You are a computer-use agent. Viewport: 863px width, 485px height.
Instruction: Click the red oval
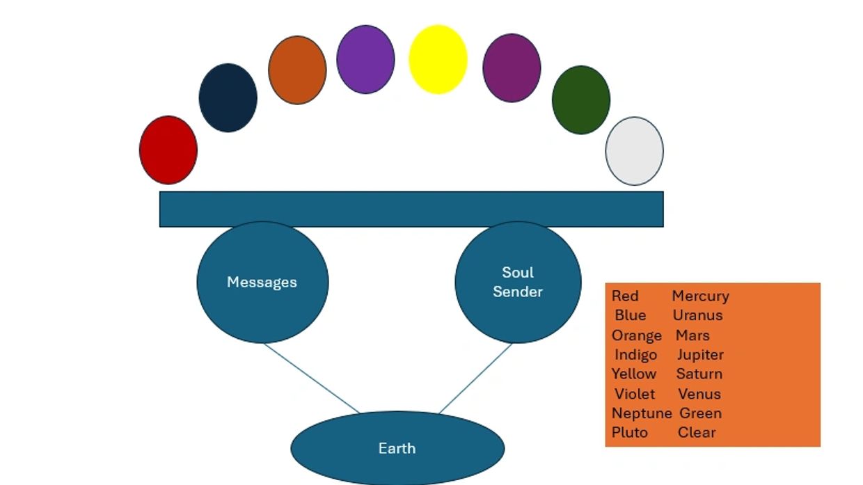point(168,150)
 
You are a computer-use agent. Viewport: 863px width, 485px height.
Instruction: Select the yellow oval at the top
point(438,59)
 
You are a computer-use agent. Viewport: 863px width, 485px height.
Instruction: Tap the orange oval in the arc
point(297,70)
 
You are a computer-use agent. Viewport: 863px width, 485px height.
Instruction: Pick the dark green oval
point(581,100)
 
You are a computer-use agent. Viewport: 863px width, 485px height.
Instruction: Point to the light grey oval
point(635,151)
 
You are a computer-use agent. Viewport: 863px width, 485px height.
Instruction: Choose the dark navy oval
point(228,98)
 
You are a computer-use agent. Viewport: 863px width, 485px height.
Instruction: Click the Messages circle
point(262,283)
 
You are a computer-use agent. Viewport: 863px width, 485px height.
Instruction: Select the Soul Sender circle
point(518,283)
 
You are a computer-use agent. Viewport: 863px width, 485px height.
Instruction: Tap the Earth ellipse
point(397,448)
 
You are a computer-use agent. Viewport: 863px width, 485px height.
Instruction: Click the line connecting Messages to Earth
point(312,379)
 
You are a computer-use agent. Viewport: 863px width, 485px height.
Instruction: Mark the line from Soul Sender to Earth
point(475,379)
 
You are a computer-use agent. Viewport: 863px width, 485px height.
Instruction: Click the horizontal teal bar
point(411,209)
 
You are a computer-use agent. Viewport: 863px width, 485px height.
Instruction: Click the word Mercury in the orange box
point(700,296)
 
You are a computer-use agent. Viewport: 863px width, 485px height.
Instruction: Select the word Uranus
point(697,315)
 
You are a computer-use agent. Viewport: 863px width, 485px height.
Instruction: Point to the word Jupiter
point(700,355)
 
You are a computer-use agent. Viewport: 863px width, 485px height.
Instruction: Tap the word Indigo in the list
point(635,355)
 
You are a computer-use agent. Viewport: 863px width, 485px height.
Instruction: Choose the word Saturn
point(699,374)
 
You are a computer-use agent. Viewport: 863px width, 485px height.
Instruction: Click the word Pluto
point(630,432)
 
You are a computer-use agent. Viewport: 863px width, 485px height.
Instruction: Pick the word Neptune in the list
point(642,413)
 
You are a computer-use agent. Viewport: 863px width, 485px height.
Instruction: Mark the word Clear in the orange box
point(697,432)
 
